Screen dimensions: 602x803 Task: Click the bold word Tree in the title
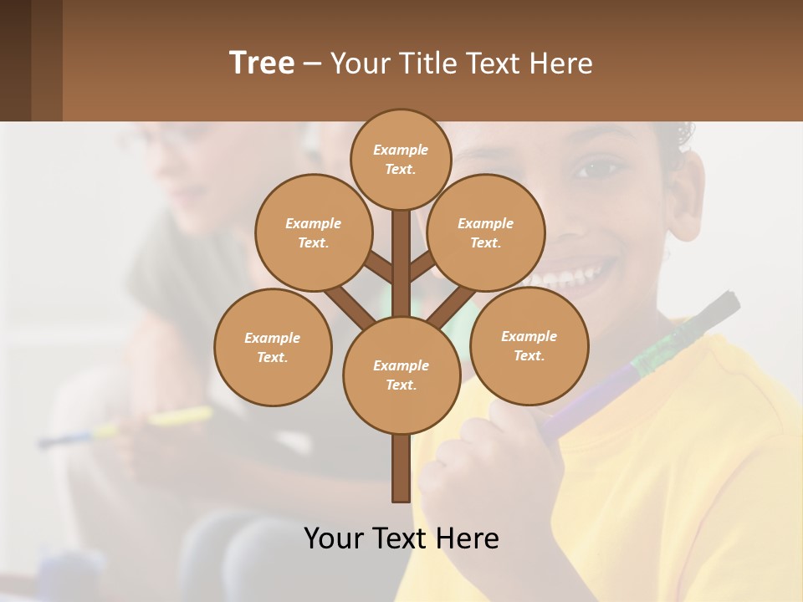pyautogui.click(x=262, y=63)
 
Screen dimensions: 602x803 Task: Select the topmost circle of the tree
pyautogui.click(x=401, y=159)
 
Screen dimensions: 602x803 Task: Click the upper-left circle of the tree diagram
pyautogui.click(x=313, y=232)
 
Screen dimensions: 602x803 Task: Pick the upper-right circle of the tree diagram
pyautogui.click(x=486, y=232)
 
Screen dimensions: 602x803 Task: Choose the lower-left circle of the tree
pyautogui.click(x=273, y=347)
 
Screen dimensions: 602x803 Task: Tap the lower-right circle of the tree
pyautogui.click(x=529, y=345)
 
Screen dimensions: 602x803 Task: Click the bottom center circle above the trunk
pyautogui.click(x=401, y=375)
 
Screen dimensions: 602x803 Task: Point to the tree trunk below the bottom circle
pyautogui.click(x=401, y=468)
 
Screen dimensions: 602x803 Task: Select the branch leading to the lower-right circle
pyautogui.click(x=453, y=306)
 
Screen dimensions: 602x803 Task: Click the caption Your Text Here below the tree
pyautogui.click(x=401, y=538)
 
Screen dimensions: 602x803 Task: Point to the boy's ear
pyautogui.click(x=685, y=196)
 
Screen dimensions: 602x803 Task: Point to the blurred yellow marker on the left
pyautogui.click(x=180, y=416)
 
